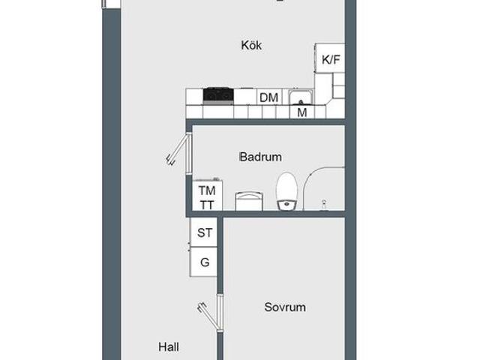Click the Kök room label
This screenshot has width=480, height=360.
[251, 45]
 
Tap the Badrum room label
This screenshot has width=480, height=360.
[260, 157]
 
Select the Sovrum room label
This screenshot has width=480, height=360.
[285, 307]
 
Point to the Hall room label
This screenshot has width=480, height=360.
[169, 347]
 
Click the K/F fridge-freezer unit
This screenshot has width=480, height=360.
[330, 58]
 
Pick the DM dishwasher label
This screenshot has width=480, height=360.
[268, 97]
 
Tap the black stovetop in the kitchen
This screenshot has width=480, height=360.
[218, 95]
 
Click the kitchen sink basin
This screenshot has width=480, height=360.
[301, 97]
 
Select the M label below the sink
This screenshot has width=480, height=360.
[301, 112]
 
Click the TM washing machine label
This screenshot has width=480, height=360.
[207, 190]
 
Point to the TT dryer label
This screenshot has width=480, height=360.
[207, 205]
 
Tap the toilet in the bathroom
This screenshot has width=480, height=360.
[286, 191]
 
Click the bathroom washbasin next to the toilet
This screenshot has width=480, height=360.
[249, 201]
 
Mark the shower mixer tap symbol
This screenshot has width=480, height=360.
[324, 204]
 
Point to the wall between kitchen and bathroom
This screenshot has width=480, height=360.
[265, 121]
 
